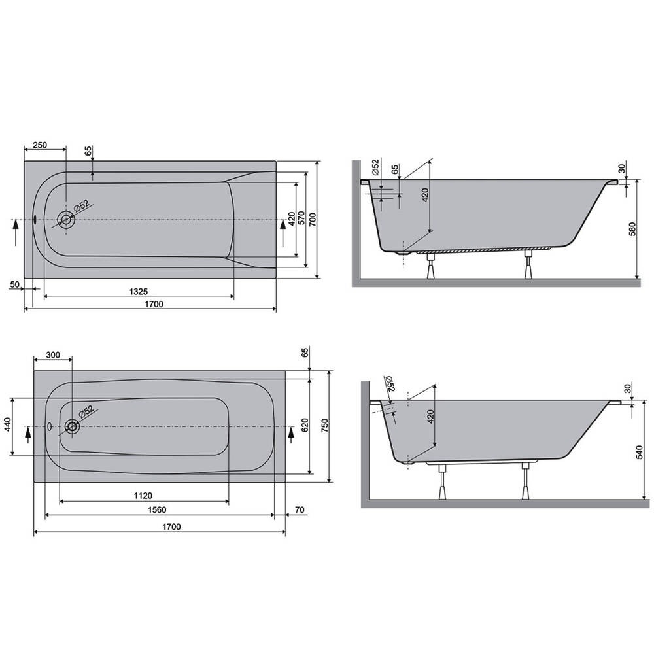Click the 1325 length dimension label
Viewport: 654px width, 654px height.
click(139, 292)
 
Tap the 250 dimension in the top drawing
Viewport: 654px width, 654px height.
click(40, 145)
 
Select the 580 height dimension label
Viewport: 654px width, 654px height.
click(632, 230)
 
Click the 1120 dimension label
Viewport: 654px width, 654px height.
click(143, 496)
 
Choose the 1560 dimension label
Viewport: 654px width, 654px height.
click(157, 509)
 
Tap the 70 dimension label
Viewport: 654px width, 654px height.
click(300, 509)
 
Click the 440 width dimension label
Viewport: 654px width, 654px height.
click(8, 426)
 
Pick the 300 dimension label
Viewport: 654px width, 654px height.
click(53, 355)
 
